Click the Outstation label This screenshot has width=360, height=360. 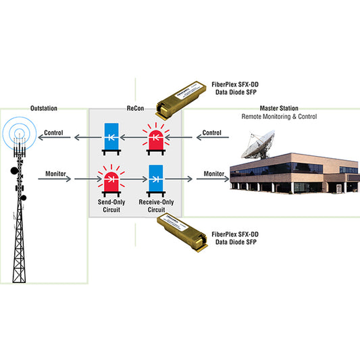[44, 108]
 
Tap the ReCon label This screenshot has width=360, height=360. [136, 108]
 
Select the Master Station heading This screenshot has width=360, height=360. [279, 108]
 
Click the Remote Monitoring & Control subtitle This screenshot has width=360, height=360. [279, 117]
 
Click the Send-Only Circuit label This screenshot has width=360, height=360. [111, 206]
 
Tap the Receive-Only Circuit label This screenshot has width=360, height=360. [156, 206]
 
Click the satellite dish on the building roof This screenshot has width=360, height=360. [258, 145]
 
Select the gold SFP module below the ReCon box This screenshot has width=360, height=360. [182, 232]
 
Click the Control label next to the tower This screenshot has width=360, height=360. [53, 132]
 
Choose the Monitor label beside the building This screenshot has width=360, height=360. [213, 174]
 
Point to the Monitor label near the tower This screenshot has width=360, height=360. [55, 174]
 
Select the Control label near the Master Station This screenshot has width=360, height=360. [212, 132]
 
